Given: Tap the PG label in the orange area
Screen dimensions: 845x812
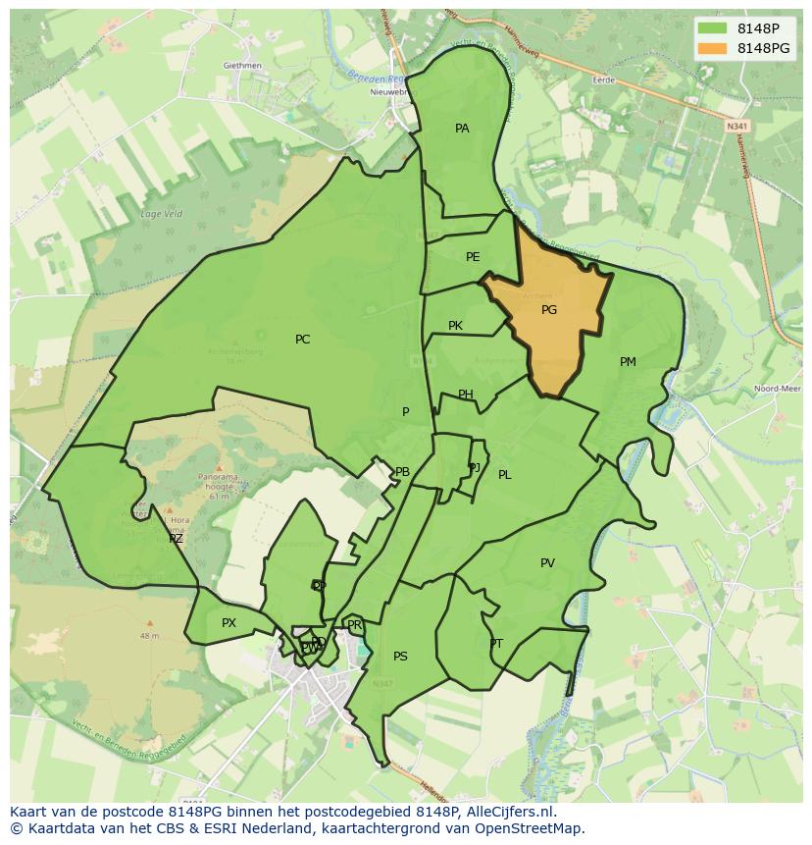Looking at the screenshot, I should pyautogui.click(x=549, y=310).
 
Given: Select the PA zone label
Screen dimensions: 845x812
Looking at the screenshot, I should pyautogui.click(x=462, y=129).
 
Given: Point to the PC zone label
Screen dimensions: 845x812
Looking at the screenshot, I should pyautogui.click(x=302, y=340).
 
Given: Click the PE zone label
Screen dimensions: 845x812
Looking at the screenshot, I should pyautogui.click(x=473, y=257).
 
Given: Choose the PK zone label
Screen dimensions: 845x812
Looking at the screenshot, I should pyautogui.click(x=455, y=326).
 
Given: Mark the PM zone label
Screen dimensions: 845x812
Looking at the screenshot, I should pyautogui.click(x=628, y=362).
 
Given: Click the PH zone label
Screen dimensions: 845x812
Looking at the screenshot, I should pyautogui.click(x=466, y=395).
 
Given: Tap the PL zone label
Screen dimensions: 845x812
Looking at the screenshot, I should pyautogui.click(x=504, y=475).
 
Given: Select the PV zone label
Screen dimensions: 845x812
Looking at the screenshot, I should pyautogui.click(x=547, y=563).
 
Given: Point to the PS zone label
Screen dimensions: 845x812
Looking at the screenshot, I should pyautogui.click(x=400, y=657).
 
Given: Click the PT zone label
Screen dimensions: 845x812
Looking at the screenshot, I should pyautogui.click(x=496, y=644).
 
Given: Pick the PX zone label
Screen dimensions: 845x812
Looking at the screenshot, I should pyautogui.click(x=228, y=623).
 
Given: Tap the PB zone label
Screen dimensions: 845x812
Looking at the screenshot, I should pyautogui.click(x=402, y=472).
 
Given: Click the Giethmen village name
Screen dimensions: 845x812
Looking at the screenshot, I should pyautogui.click(x=242, y=66).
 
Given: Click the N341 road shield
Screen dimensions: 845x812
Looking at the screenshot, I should pyautogui.click(x=737, y=126).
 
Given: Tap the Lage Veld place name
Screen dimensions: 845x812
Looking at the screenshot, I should pyautogui.click(x=161, y=214).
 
